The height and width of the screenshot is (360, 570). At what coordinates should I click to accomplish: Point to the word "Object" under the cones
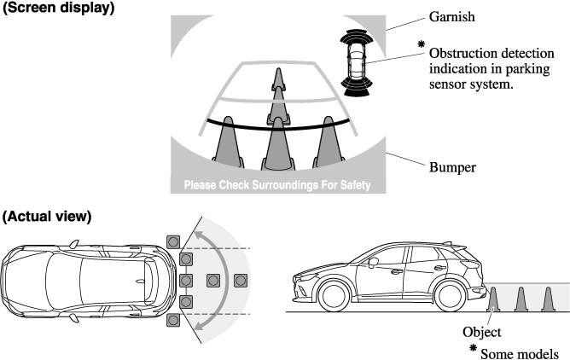(481, 333)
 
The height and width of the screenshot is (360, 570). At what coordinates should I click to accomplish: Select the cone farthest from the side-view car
(548, 299)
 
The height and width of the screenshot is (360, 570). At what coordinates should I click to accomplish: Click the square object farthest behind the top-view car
(240, 279)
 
